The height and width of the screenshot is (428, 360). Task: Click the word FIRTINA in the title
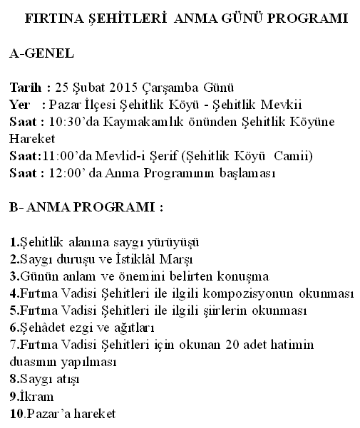coord(50,16)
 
